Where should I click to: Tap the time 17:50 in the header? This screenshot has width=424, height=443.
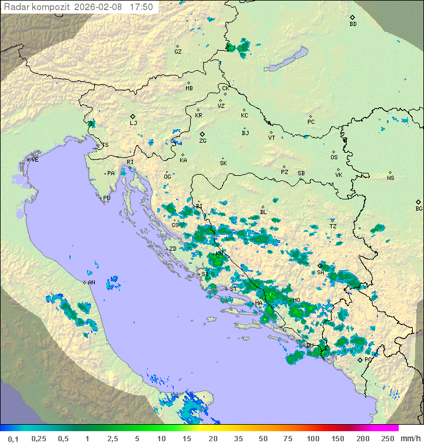coord(141,7)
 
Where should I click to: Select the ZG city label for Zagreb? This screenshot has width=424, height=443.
coord(203,141)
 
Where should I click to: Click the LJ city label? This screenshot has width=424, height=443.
coord(133,123)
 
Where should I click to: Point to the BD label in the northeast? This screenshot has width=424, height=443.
coord(353,24)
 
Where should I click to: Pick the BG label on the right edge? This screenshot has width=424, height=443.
coord(419,208)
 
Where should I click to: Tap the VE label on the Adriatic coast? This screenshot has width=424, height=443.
coord(35,160)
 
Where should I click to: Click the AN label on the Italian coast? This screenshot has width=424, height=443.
coord(91,283)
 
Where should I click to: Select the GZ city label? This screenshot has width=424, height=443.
coord(178,52)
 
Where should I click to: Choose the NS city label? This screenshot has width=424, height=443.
coord(390,178)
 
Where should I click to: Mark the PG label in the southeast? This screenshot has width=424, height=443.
coord(368,359)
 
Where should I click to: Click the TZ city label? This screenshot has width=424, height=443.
coord(333,227)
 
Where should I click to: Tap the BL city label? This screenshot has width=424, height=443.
coord(263,212)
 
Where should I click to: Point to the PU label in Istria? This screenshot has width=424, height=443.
coord(107,198)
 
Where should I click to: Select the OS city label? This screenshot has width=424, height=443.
coord(334,157)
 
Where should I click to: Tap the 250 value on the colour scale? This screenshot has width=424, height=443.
coord(387,438)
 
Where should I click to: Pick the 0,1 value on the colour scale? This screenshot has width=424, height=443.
coord(13,438)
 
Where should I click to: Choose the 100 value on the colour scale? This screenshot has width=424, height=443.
coord(313,438)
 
